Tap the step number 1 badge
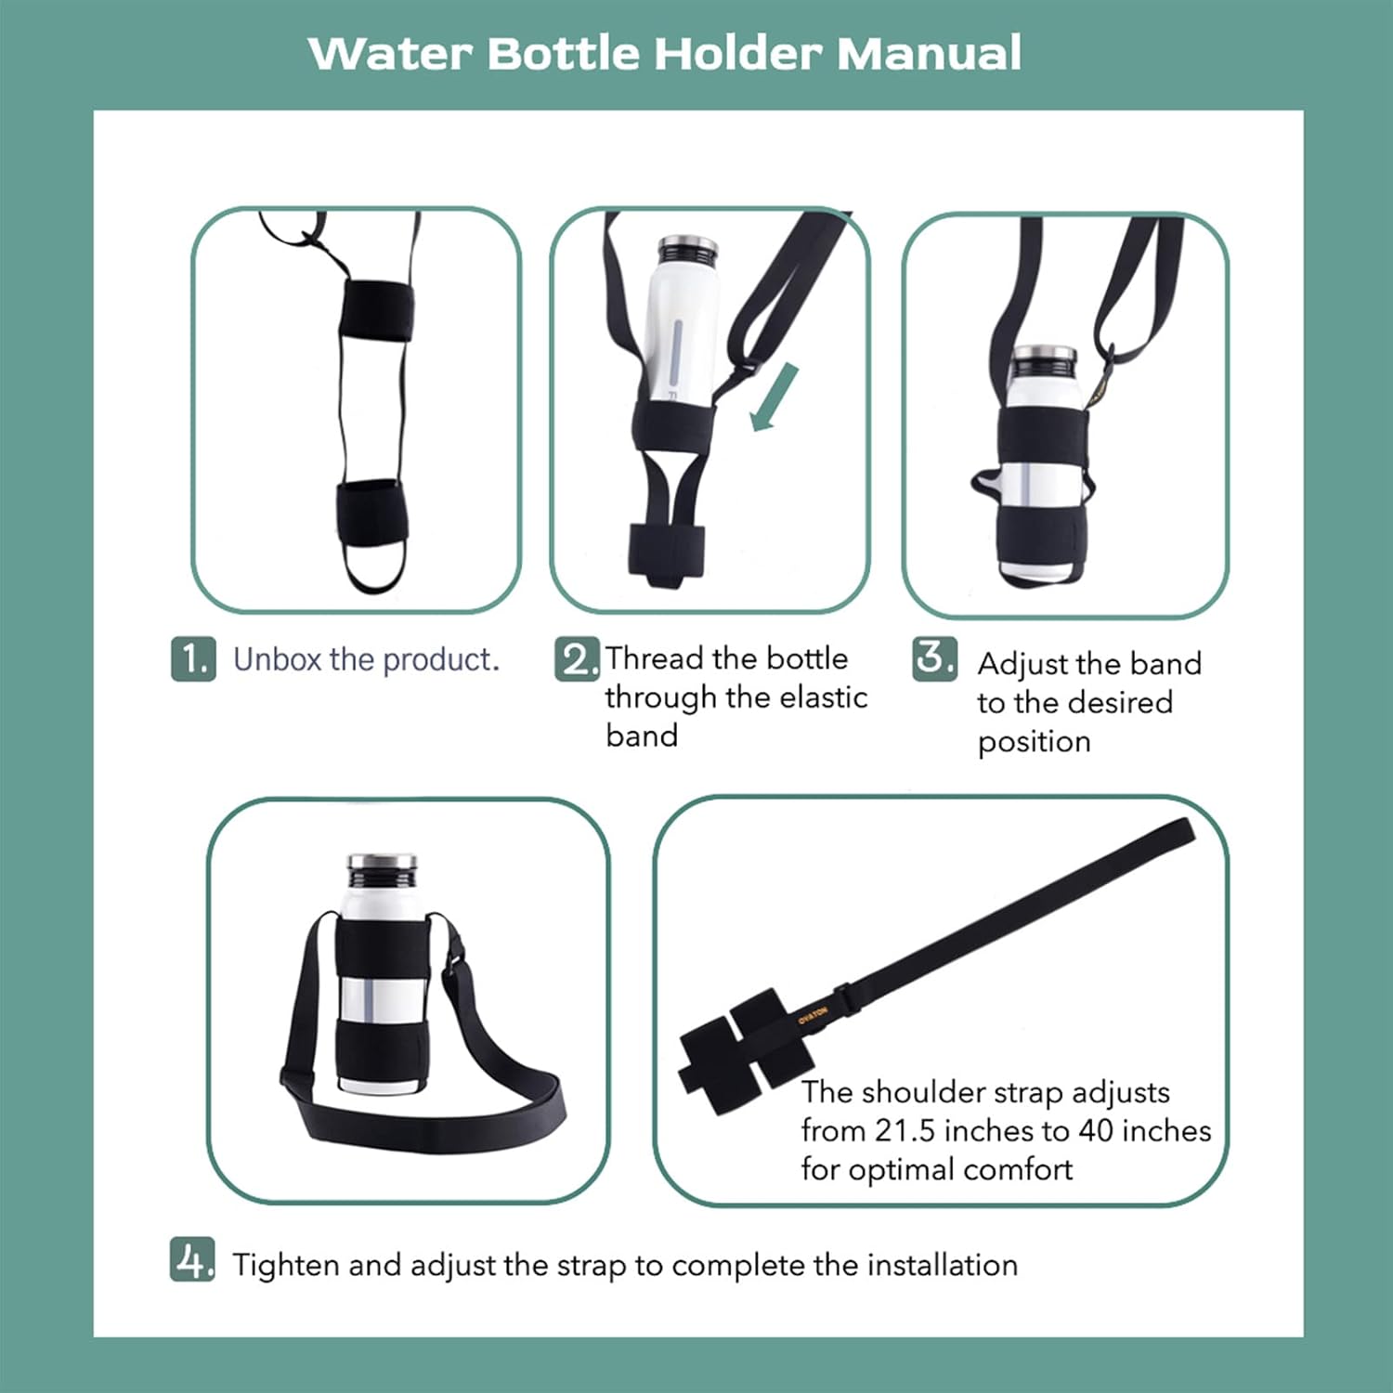coord(193,658)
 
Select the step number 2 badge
coord(577,658)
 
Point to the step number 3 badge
coord(934,658)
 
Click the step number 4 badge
coord(192,1259)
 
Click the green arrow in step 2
coord(775,397)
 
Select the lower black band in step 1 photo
coord(371,514)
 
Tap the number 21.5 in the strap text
coord(905,1130)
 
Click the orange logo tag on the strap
coord(813,1014)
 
